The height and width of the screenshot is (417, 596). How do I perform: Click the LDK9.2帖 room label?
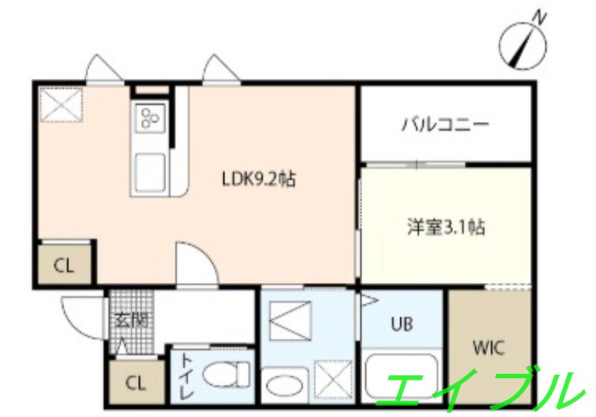coord(259,179)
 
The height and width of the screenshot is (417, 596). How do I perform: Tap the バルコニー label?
coord(446,124)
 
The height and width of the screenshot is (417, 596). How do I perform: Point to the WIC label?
coord(489,347)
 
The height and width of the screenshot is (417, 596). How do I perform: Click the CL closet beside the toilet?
coord(135,384)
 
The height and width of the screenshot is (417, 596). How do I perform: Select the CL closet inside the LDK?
coord(64,265)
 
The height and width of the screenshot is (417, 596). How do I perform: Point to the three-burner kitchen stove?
coord(149,118)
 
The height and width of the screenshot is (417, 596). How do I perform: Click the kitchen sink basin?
coord(150,170)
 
